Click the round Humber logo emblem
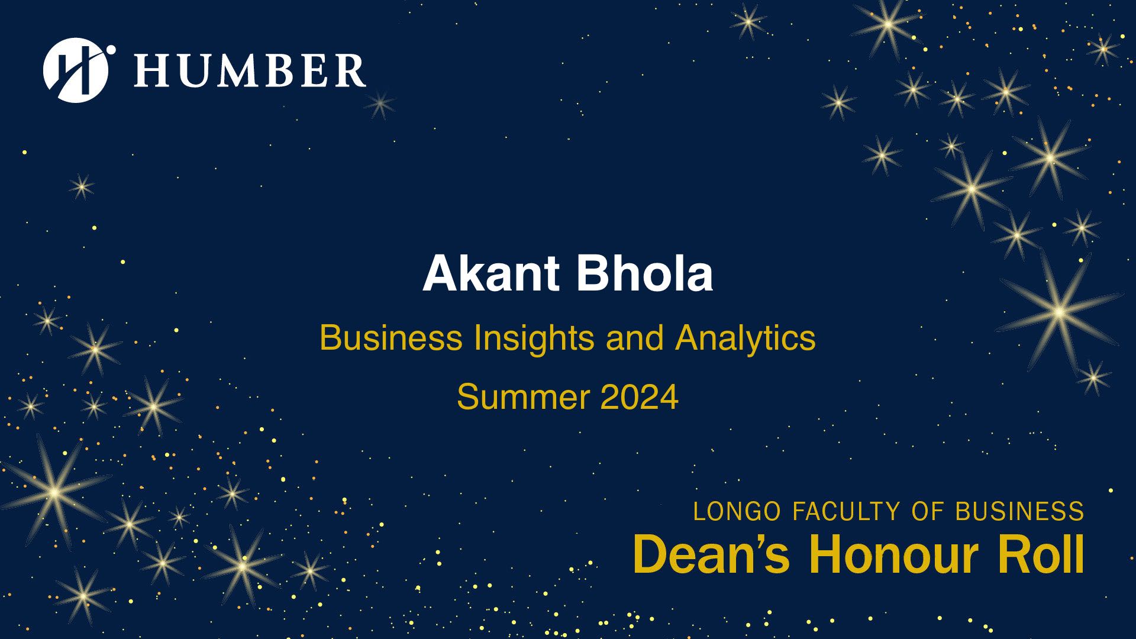point(76,70)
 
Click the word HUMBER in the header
point(250,70)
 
